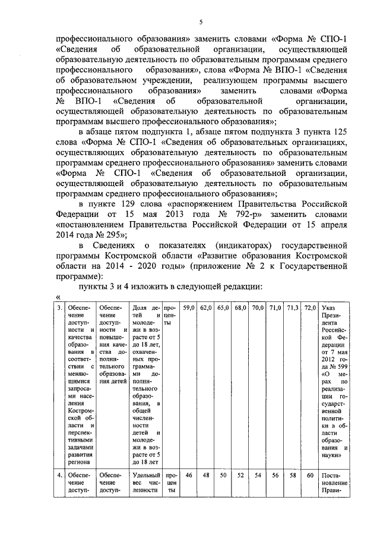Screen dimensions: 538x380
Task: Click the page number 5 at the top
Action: tap(201, 23)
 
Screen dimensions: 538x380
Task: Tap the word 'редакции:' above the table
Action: tap(236, 287)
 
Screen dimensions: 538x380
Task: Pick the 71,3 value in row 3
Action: tap(293, 307)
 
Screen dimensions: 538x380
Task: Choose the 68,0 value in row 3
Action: tap(240, 307)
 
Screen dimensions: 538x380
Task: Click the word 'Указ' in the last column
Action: tap(328, 308)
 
